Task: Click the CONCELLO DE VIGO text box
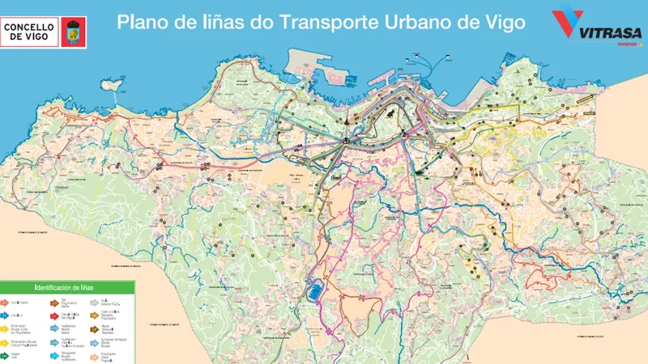[29, 32]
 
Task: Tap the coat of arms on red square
[73, 32]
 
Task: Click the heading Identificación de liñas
[64, 287]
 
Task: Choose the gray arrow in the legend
[94, 303]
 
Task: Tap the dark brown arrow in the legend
[94, 329]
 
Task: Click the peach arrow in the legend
[94, 357]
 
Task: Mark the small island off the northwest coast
[111, 83]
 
